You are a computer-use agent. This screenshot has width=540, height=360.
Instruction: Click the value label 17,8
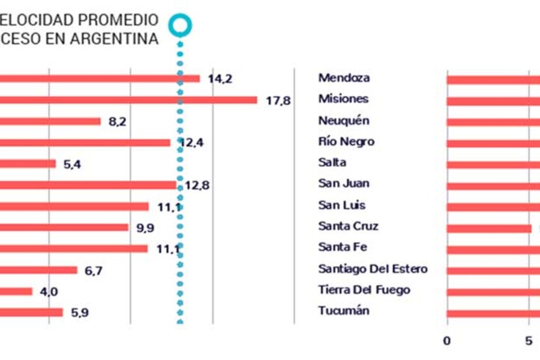click(278, 101)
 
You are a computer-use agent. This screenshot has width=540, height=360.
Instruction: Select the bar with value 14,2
click(99, 79)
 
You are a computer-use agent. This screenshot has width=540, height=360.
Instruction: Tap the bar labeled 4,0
click(16, 292)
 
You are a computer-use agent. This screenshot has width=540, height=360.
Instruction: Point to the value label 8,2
click(117, 122)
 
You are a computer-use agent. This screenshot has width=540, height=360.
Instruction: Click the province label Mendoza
click(344, 78)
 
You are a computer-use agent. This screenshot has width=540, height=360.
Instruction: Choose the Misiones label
click(343, 99)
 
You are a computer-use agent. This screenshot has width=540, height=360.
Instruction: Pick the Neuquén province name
click(343, 120)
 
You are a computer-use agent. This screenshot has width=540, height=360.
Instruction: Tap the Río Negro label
click(346, 142)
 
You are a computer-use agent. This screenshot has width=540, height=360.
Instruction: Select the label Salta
click(332, 163)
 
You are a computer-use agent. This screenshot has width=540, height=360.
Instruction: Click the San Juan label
click(343, 184)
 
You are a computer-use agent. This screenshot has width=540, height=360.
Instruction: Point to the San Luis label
click(342, 205)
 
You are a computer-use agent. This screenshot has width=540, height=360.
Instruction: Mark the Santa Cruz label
click(348, 226)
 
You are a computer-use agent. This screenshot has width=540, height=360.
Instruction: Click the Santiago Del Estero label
click(372, 269)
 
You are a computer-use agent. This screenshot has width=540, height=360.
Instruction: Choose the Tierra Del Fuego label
click(364, 290)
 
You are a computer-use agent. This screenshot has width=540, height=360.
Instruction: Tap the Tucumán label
click(344, 310)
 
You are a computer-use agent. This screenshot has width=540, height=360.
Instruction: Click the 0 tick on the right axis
click(447, 340)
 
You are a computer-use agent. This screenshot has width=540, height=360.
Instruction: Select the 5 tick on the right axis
click(529, 340)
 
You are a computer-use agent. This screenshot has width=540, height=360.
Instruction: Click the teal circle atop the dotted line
click(181, 25)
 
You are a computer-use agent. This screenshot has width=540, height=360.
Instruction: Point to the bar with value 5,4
click(28, 164)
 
